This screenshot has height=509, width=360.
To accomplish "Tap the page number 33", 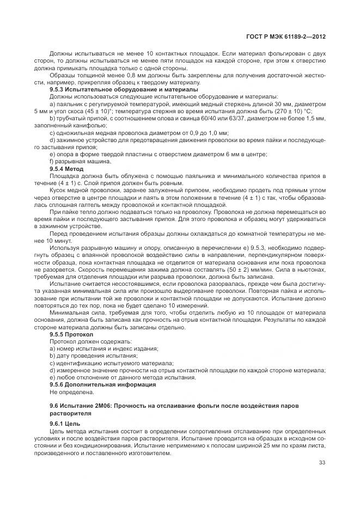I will pos(322,462).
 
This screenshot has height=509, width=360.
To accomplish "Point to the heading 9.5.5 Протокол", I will pos(72,334).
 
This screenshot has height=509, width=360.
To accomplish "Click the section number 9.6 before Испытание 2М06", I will pos(54,406).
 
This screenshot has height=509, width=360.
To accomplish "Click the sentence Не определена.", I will pos(72,391).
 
